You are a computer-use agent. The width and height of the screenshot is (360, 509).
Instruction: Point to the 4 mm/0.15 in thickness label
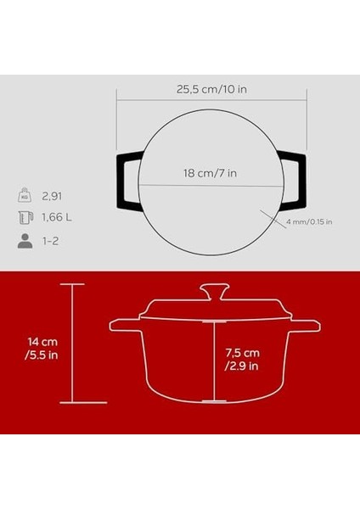(x=310, y=222)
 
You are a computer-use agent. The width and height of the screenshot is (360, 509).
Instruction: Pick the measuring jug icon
(x=25, y=217)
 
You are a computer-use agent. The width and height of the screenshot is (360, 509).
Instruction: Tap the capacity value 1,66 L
(x=57, y=217)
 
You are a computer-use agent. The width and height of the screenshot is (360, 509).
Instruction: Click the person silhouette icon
(x=25, y=241)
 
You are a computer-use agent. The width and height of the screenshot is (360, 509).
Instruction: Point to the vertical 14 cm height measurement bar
(x=70, y=344)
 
